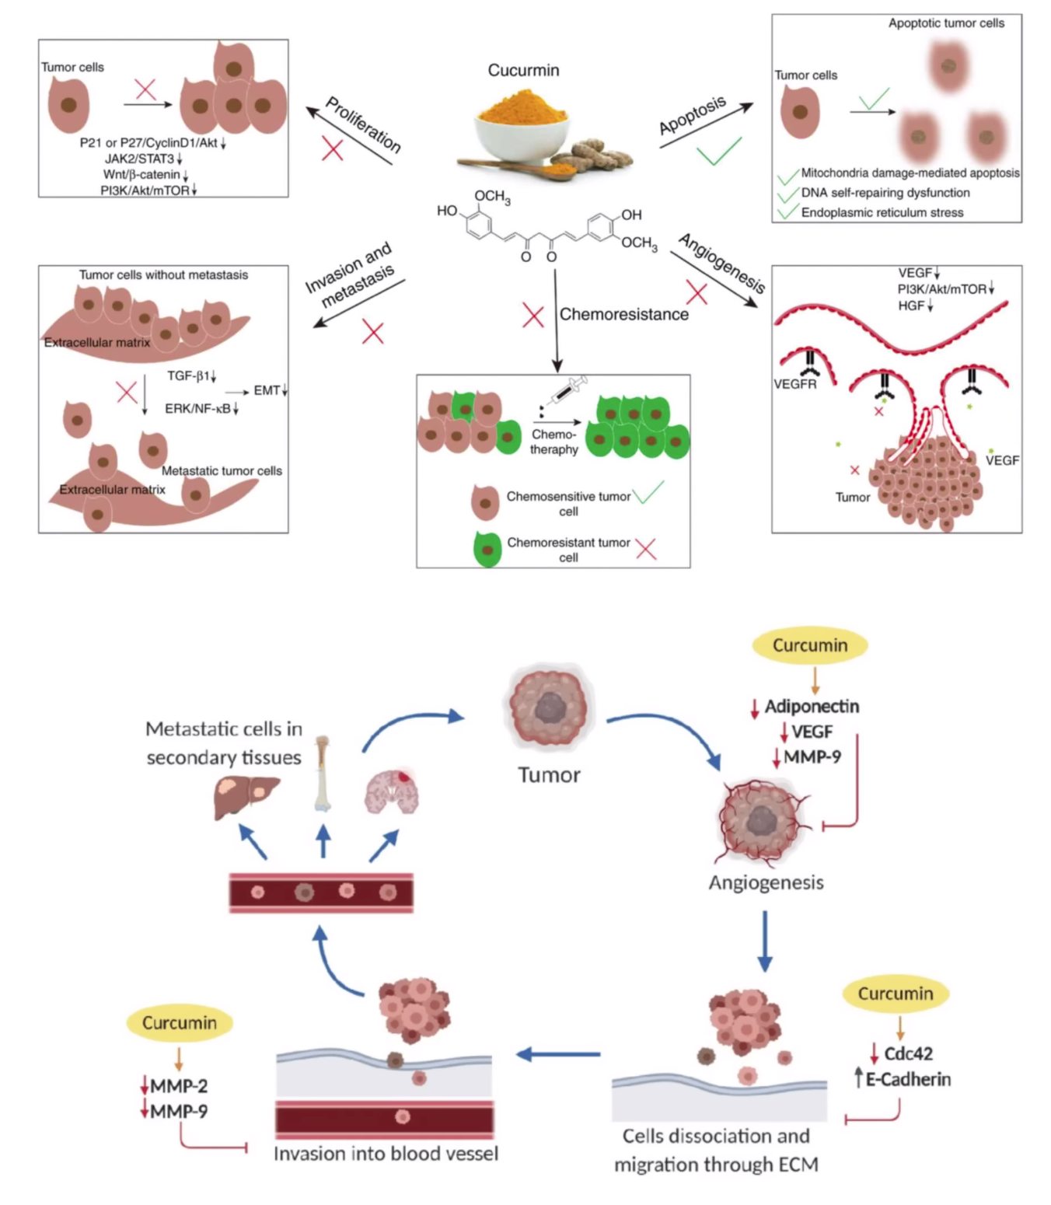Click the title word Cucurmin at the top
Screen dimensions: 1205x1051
[523, 71]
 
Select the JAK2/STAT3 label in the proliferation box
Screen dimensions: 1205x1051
[140, 159]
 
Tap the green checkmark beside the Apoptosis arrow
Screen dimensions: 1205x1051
[718, 151]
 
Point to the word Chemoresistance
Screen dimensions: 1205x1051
[624, 314]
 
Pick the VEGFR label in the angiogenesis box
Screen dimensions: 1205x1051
[794, 384]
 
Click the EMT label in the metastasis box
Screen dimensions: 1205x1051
[267, 390]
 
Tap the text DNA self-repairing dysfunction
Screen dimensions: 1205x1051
[885, 193]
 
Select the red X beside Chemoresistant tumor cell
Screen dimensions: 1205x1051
[646, 549]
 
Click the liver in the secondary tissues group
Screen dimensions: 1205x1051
[246, 796]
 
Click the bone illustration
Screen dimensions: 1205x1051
[322, 774]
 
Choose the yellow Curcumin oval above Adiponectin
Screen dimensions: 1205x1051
[809, 645]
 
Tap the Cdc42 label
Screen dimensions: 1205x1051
[908, 1053]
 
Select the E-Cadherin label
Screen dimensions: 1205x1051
[908, 1079]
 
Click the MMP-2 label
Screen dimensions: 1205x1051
[179, 1085]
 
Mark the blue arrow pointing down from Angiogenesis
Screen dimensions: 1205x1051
[765, 941]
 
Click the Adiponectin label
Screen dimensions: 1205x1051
[812, 706]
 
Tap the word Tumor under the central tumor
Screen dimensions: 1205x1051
[549, 774]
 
